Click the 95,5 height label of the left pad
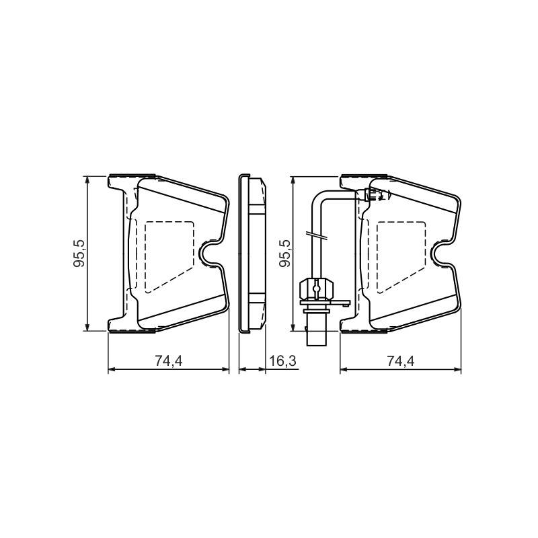pyautogui.click(x=79, y=254)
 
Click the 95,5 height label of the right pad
pyautogui.click(x=284, y=254)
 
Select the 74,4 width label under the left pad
pyautogui.click(x=169, y=360)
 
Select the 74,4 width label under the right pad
pyautogui.click(x=400, y=360)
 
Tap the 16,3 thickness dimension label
pyautogui.click(x=282, y=360)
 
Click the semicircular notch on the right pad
pyautogui.click(x=436, y=254)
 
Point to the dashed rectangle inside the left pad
pyautogui.click(x=169, y=257)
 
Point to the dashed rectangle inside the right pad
pyautogui.click(x=401, y=257)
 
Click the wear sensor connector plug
pyautogui.click(x=316, y=289)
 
